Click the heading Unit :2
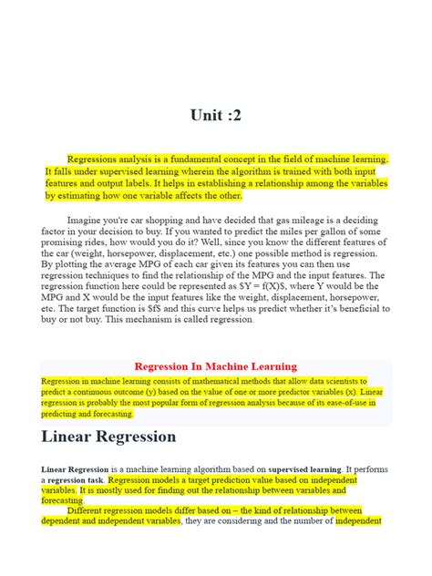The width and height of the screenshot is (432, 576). (x=216, y=116)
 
